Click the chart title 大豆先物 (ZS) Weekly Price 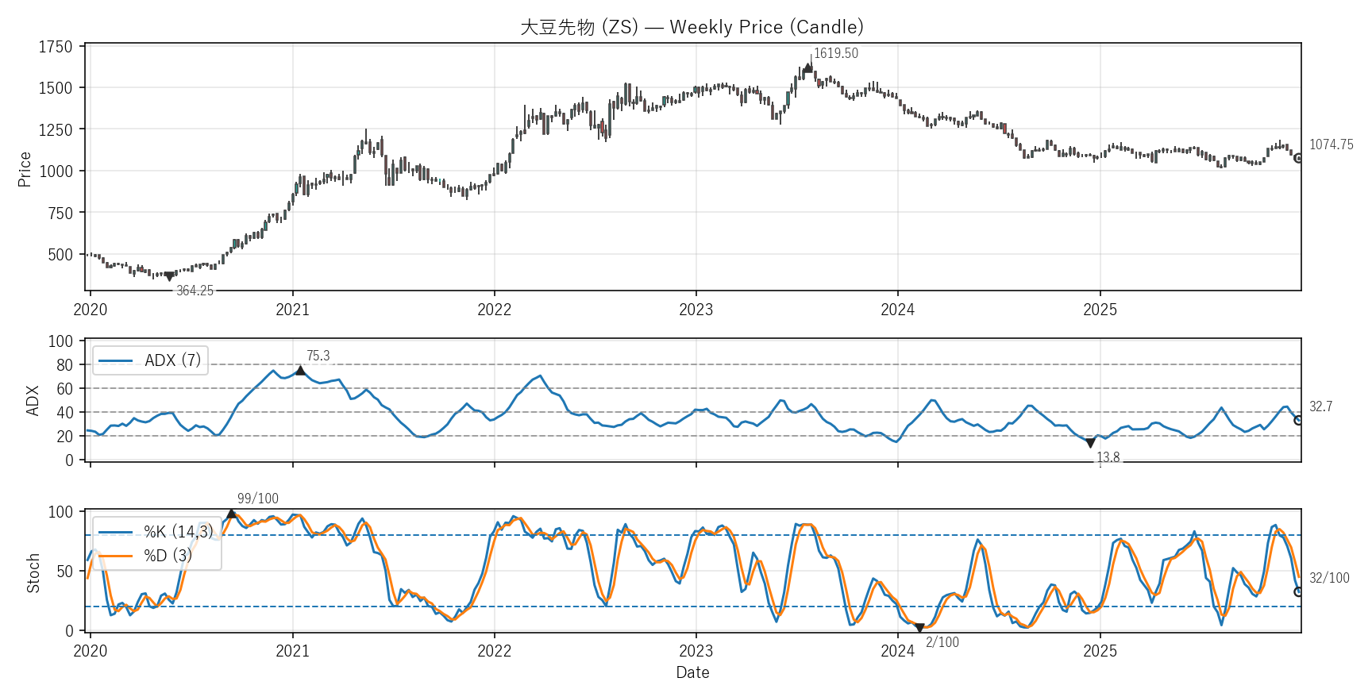[x=692, y=27]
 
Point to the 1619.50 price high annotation [x=835, y=53]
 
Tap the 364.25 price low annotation [x=195, y=291]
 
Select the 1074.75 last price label [x=1331, y=144]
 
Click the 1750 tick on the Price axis [x=56, y=47]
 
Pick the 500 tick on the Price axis [x=60, y=255]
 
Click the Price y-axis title [x=25, y=169]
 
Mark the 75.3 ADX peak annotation [x=318, y=356]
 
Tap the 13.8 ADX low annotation [x=1108, y=457]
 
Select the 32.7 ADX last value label [x=1320, y=406]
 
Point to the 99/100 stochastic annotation [x=258, y=499]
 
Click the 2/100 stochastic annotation [x=942, y=642]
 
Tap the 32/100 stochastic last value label [x=1328, y=578]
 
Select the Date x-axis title [x=692, y=672]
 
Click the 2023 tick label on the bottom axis [x=696, y=652]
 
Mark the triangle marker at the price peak [x=808, y=68]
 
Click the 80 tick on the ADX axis [x=64, y=365]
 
